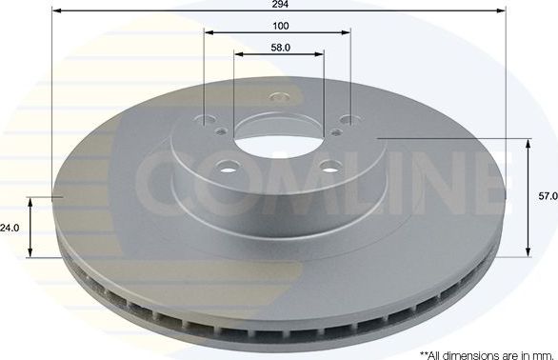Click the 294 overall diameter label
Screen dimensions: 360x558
click(278, 5)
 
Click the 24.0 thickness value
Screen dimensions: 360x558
click(10, 228)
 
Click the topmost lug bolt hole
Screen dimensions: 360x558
click(278, 96)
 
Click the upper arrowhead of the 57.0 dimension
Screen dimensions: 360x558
click(527, 143)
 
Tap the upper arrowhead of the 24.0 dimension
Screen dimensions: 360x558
click(31, 202)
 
